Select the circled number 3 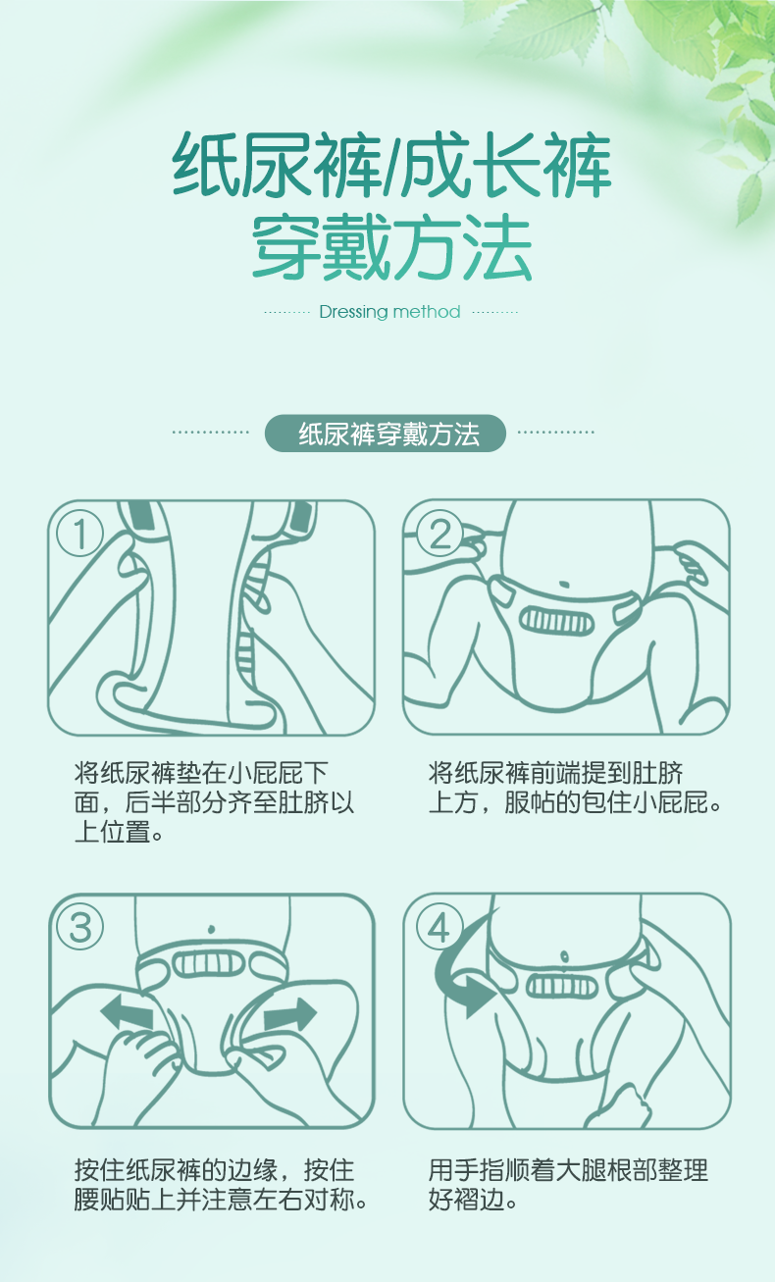(80, 928)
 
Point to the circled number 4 (439, 928)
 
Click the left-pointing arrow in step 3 (128, 1012)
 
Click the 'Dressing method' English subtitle (389, 312)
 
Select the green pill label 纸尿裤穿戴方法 (386, 434)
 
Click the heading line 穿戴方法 (392, 247)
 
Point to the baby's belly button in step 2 (564, 585)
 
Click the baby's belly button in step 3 (211, 930)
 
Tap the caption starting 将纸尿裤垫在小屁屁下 (214, 802)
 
